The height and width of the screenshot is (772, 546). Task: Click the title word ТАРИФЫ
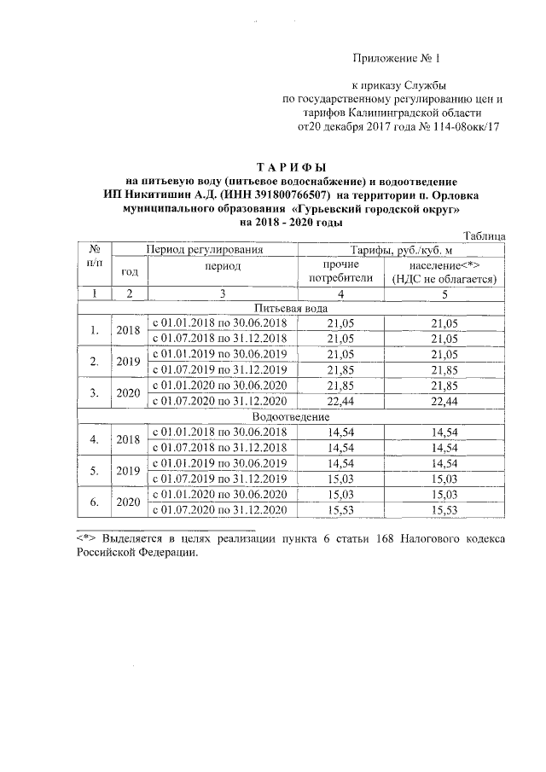[292, 166]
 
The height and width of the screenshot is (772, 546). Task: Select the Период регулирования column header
[204, 250]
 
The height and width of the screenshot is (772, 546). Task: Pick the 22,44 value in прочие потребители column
[346, 401]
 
